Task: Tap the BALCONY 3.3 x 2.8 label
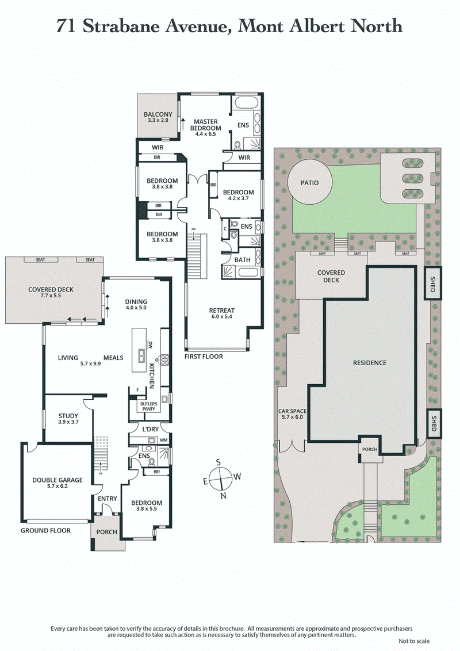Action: (158, 117)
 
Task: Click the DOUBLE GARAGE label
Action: (57, 483)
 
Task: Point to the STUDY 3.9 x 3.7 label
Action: (68, 419)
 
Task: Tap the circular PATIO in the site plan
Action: (309, 183)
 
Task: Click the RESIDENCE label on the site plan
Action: (370, 363)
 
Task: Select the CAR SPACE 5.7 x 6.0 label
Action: (293, 414)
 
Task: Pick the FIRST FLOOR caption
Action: (204, 357)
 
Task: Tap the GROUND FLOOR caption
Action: (46, 530)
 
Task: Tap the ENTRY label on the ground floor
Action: (107, 499)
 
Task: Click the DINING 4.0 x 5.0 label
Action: (136, 304)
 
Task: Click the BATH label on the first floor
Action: (242, 260)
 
